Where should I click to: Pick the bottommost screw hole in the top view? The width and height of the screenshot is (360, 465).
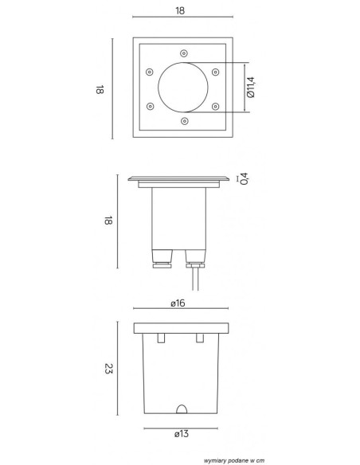click(185, 121)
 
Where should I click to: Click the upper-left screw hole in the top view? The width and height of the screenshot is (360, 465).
click(150, 71)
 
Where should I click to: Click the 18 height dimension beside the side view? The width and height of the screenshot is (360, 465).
click(106, 221)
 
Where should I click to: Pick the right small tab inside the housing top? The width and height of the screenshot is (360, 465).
click(200, 338)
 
